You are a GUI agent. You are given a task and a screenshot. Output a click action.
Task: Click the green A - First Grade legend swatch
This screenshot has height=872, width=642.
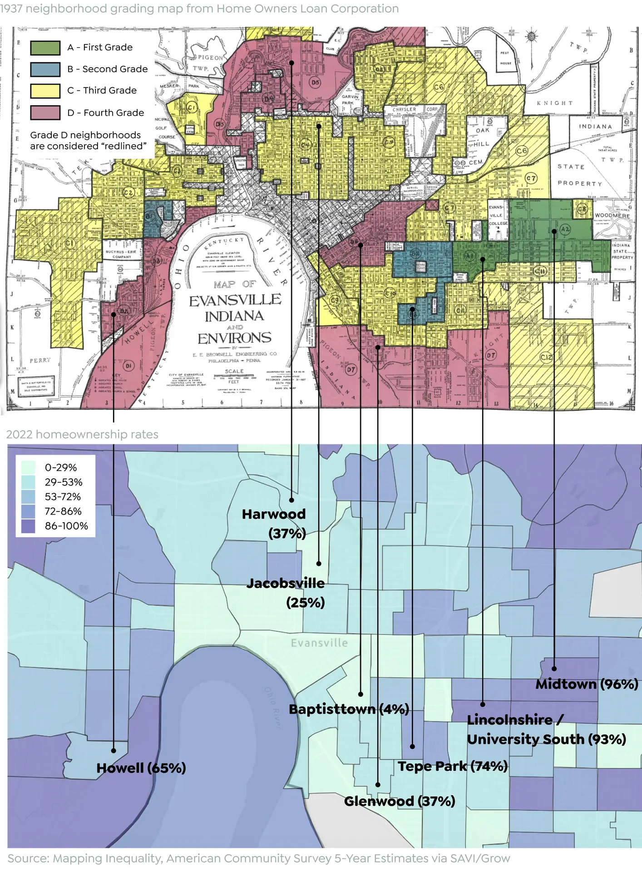coord(45,48)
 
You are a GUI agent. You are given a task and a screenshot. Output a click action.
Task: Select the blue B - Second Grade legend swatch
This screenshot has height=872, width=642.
coord(45,69)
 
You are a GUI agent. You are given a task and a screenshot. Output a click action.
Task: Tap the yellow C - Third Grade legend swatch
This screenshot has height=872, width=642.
coord(45,91)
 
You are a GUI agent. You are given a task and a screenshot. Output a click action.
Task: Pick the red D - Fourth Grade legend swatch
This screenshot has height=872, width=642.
coord(45,113)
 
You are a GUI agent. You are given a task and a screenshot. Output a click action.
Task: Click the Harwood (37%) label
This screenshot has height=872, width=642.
coord(274,523)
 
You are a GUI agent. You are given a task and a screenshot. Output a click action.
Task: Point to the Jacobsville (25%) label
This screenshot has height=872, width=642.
coord(286,593)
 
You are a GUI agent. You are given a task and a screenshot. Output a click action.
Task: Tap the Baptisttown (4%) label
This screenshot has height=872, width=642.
coord(349,709)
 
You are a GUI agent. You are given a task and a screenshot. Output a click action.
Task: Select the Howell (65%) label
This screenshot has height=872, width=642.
coord(141,768)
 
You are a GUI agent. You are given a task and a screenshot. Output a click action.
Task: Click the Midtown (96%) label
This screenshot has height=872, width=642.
coord(587,684)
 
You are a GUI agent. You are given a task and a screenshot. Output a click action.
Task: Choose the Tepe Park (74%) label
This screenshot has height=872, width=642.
coord(453,766)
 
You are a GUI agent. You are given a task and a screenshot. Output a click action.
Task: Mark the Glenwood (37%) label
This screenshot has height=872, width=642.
coord(400,801)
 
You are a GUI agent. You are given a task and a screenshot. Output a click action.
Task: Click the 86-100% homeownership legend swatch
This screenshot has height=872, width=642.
coord(28,526)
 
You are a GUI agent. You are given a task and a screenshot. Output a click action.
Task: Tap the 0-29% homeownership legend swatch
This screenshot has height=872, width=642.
coord(28,467)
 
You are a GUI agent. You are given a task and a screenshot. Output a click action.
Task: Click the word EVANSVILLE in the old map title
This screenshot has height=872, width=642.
coord(235,300)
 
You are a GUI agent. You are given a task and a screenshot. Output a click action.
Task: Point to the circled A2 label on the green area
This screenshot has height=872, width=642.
coord(565,229)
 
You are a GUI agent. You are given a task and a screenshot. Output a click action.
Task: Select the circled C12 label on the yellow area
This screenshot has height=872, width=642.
coord(546,357)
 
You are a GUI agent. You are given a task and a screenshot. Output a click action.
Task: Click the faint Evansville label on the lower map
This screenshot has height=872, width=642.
coord(319,643)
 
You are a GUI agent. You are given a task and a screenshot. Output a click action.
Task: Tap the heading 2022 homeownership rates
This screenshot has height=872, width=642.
coord(82,434)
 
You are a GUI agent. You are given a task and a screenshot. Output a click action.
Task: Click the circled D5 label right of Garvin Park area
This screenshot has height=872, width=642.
coord(315,82)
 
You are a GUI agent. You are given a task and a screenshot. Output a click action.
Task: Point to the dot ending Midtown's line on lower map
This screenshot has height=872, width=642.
coord(554,669)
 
